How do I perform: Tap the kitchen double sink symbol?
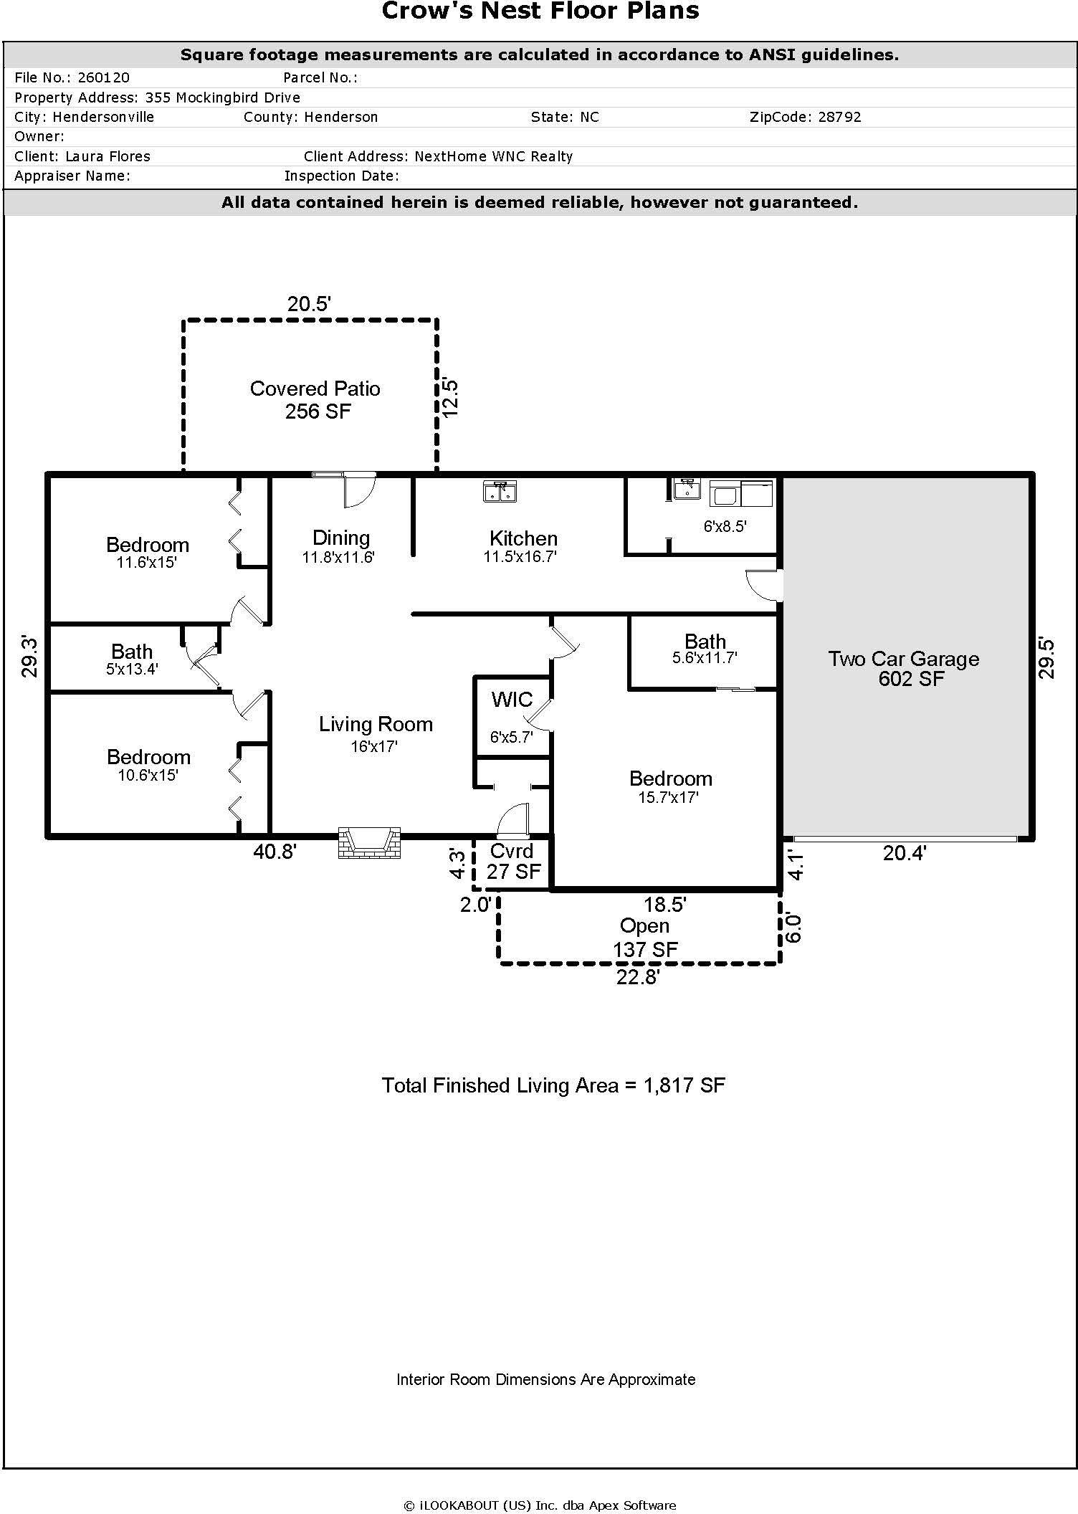coord(501,492)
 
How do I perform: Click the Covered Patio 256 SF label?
coord(315,399)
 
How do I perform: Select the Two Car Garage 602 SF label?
coord(904,668)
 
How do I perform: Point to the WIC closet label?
coord(512,700)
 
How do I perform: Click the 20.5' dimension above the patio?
coord(309,304)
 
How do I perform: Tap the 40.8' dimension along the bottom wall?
coord(275,852)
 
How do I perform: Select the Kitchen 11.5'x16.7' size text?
coord(521,557)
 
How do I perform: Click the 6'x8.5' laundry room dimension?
coord(725,526)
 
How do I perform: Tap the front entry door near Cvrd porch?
coord(512,822)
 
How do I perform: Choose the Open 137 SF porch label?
coord(644,938)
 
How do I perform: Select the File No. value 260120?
coord(103,77)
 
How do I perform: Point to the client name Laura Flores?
coord(108,156)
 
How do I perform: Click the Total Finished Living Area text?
coord(553,1085)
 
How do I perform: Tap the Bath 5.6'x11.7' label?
coord(705,649)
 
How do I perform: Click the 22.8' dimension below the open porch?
coord(637,977)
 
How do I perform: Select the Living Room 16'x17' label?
coord(376,733)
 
